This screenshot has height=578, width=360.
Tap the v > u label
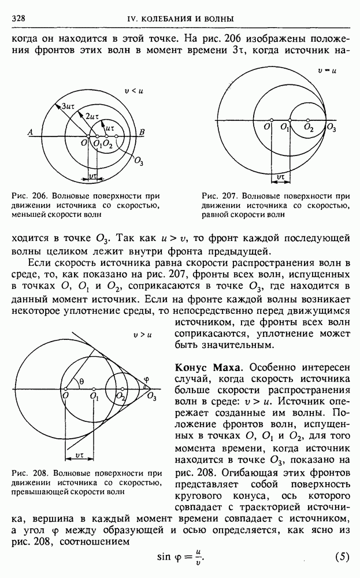tap(142, 334)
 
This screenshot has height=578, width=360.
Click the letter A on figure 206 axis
tap(29, 132)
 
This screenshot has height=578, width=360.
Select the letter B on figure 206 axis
tap(142, 132)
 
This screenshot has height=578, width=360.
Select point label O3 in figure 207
tap(331, 128)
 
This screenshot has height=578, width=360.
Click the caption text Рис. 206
tap(26, 196)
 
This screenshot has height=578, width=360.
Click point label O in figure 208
tap(65, 395)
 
